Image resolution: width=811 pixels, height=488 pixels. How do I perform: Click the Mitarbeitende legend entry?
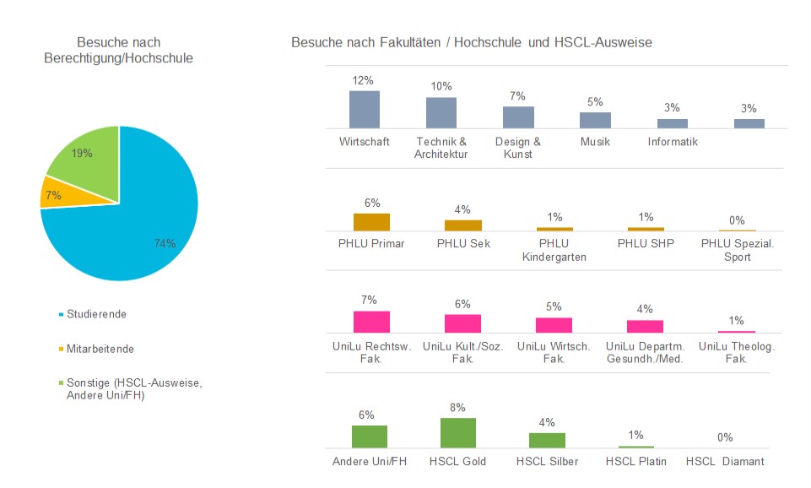[100, 348]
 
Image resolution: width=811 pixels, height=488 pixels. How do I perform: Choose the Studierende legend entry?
[96, 314]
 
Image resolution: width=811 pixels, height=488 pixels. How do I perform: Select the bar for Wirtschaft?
[364, 109]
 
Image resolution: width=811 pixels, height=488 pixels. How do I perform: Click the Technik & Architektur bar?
[441, 112]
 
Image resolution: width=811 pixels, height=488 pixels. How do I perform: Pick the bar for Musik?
[595, 120]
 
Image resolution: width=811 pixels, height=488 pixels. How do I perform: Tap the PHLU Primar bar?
[371, 222]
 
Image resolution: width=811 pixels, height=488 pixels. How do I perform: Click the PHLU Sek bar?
[462, 225]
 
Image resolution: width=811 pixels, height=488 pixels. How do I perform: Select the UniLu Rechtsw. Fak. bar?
[371, 322]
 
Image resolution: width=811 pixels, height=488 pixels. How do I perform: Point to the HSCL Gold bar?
[458, 432]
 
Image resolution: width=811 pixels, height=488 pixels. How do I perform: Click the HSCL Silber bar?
[547, 440]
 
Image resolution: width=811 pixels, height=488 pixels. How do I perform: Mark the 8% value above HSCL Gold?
[458, 406]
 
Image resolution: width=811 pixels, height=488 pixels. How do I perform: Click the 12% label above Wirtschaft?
[363, 80]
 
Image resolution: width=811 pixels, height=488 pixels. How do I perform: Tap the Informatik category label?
[673, 142]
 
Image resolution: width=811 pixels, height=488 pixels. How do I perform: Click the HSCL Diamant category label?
[725, 461]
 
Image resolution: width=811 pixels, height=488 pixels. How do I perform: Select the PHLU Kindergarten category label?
[554, 251]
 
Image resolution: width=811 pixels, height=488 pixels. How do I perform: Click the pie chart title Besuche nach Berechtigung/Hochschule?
[118, 50]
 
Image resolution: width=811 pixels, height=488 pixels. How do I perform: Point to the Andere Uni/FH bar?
[369, 436]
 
